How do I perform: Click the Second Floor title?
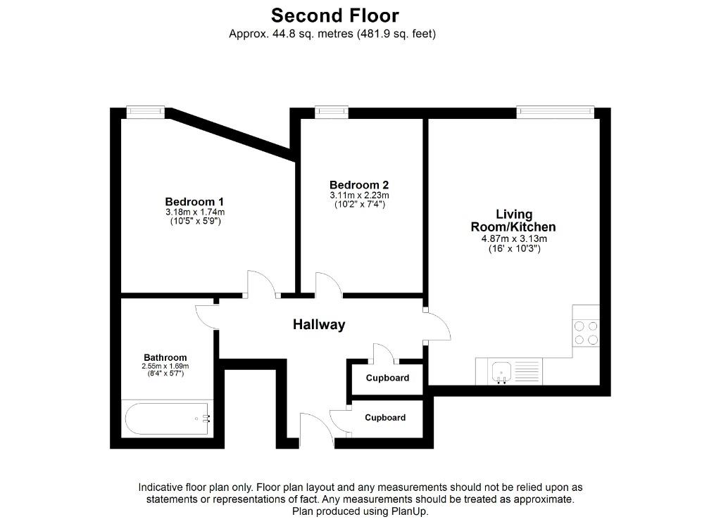point(334,15)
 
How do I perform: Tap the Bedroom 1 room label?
point(194,202)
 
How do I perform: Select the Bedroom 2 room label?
point(359,185)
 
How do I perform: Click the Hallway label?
point(319,325)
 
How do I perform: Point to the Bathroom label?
point(165,358)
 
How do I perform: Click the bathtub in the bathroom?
point(168,418)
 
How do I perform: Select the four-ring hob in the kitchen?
point(586,333)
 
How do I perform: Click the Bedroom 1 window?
point(145,112)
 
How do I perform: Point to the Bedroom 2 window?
point(332,112)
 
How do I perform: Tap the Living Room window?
point(555,112)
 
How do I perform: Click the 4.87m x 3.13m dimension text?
point(514,239)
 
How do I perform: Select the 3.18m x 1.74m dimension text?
point(195,212)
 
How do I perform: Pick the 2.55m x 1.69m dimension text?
point(165,366)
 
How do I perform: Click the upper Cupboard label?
point(388,378)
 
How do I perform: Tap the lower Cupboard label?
point(385,418)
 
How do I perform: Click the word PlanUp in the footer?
point(408,511)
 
